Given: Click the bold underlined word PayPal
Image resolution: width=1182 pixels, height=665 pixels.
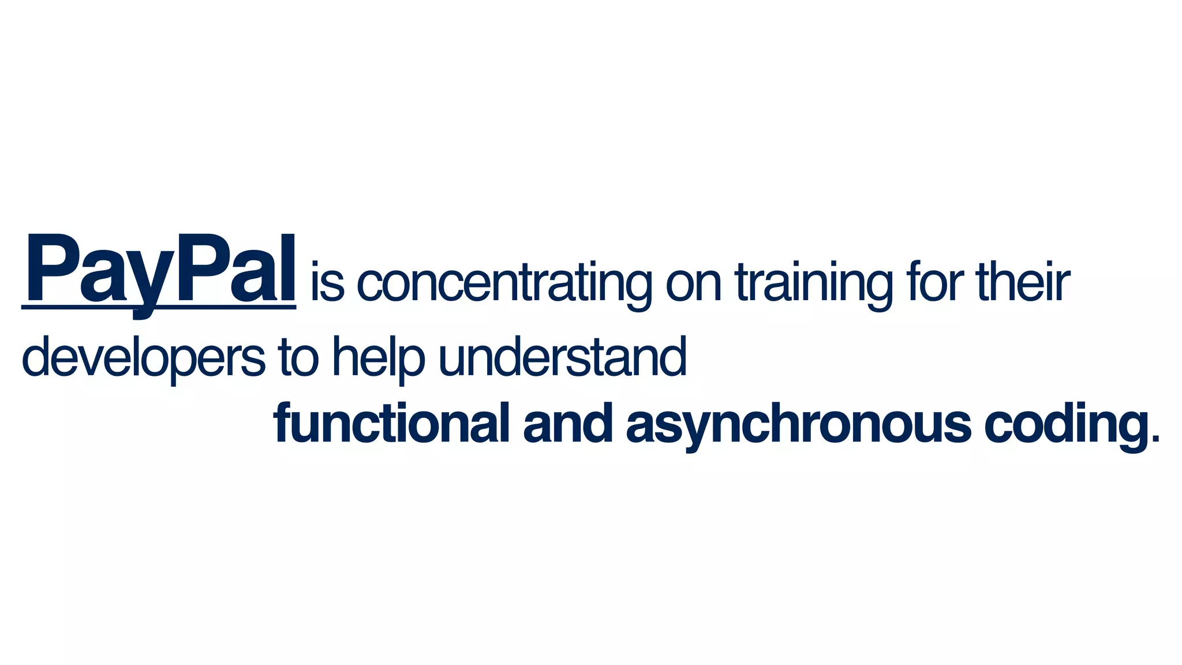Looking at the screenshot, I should point(159,270).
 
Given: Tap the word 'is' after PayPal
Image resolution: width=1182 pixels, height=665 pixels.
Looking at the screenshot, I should point(327,283).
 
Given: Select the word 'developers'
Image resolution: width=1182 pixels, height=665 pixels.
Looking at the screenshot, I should point(143,358).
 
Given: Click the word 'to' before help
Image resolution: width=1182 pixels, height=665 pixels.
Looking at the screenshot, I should point(298,358).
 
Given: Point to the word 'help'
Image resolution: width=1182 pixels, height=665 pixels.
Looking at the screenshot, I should point(378,358).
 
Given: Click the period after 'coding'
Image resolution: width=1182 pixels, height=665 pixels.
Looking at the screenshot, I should point(1155,440).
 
